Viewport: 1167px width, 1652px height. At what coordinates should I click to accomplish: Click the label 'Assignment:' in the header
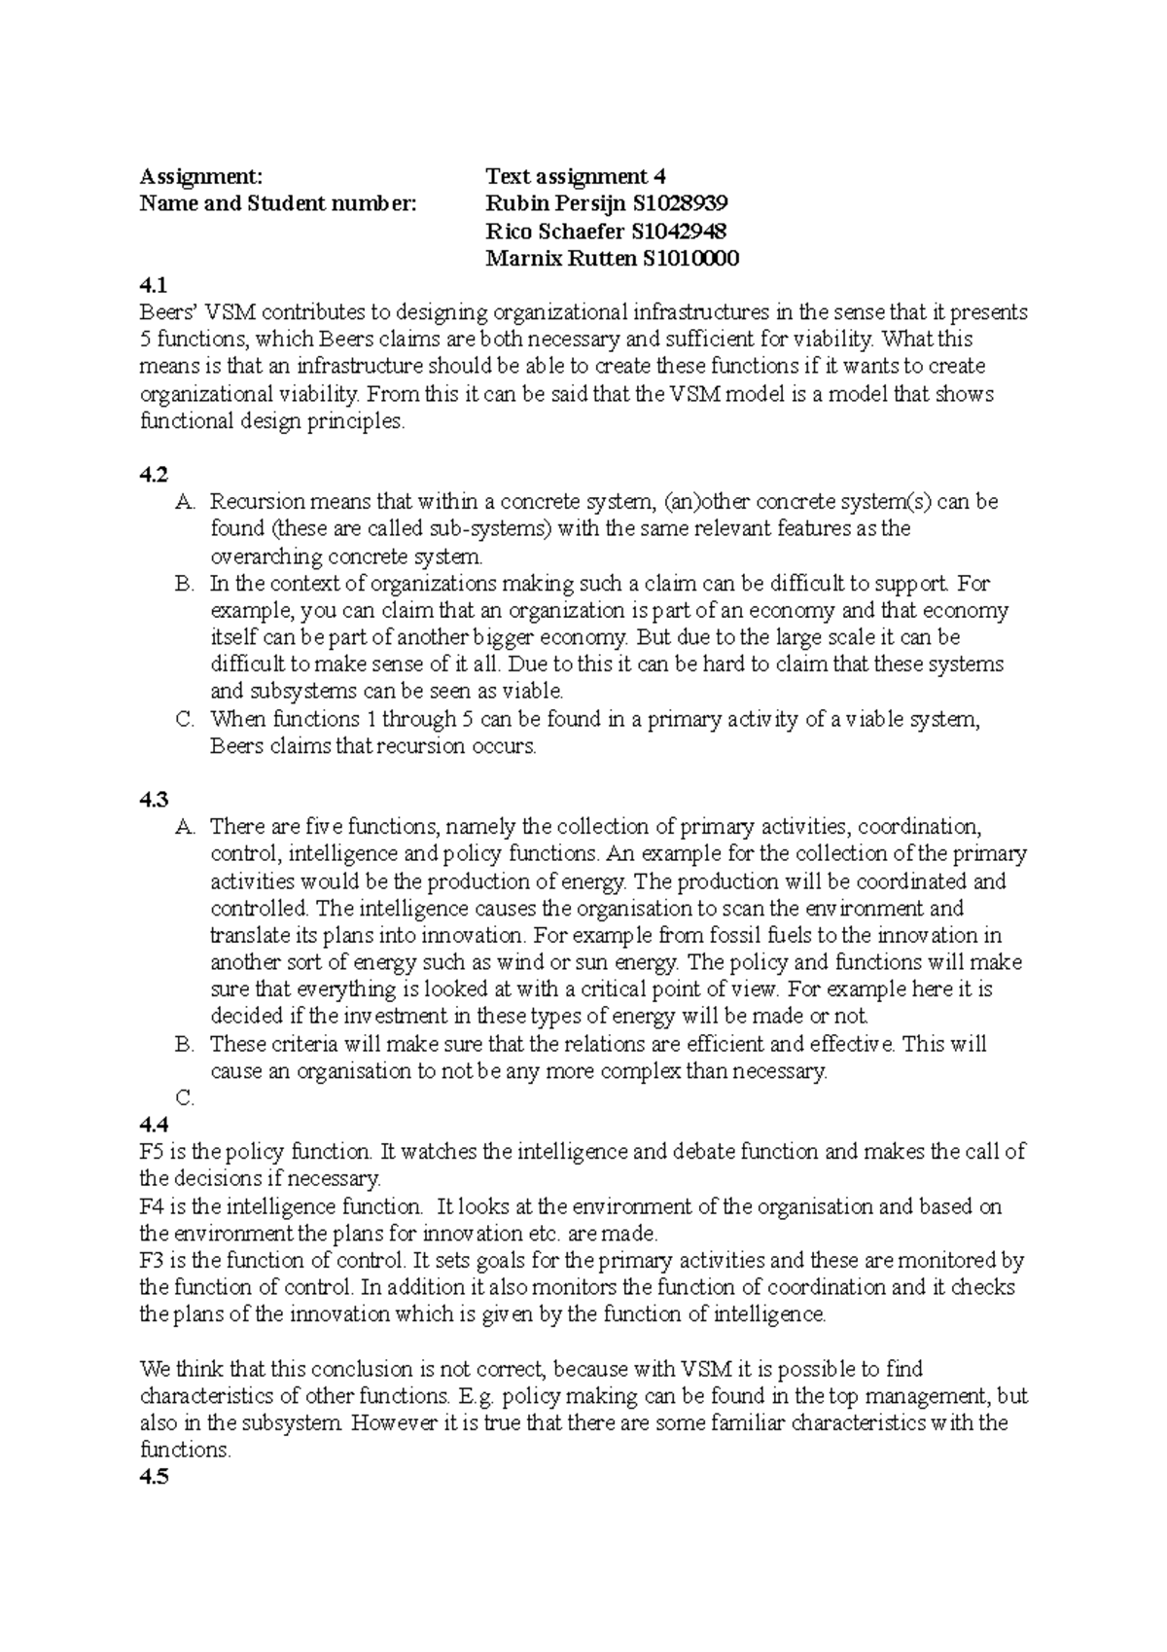click(x=200, y=176)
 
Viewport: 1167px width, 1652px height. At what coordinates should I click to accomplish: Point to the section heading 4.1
click(x=154, y=285)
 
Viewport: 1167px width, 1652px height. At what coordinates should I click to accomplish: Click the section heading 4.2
click(x=154, y=475)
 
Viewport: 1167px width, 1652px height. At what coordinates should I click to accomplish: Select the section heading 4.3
click(x=154, y=800)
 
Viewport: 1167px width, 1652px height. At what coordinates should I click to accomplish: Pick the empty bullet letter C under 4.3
click(x=185, y=1098)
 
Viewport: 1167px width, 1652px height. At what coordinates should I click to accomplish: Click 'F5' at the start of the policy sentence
click(x=153, y=1152)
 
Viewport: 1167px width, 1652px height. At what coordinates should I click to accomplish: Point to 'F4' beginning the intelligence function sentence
click(x=153, y=1206)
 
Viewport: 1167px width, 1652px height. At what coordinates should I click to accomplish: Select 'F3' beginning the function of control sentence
click(x=153, y=1261)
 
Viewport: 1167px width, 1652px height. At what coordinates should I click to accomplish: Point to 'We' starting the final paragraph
click(x=154, y=1369)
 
